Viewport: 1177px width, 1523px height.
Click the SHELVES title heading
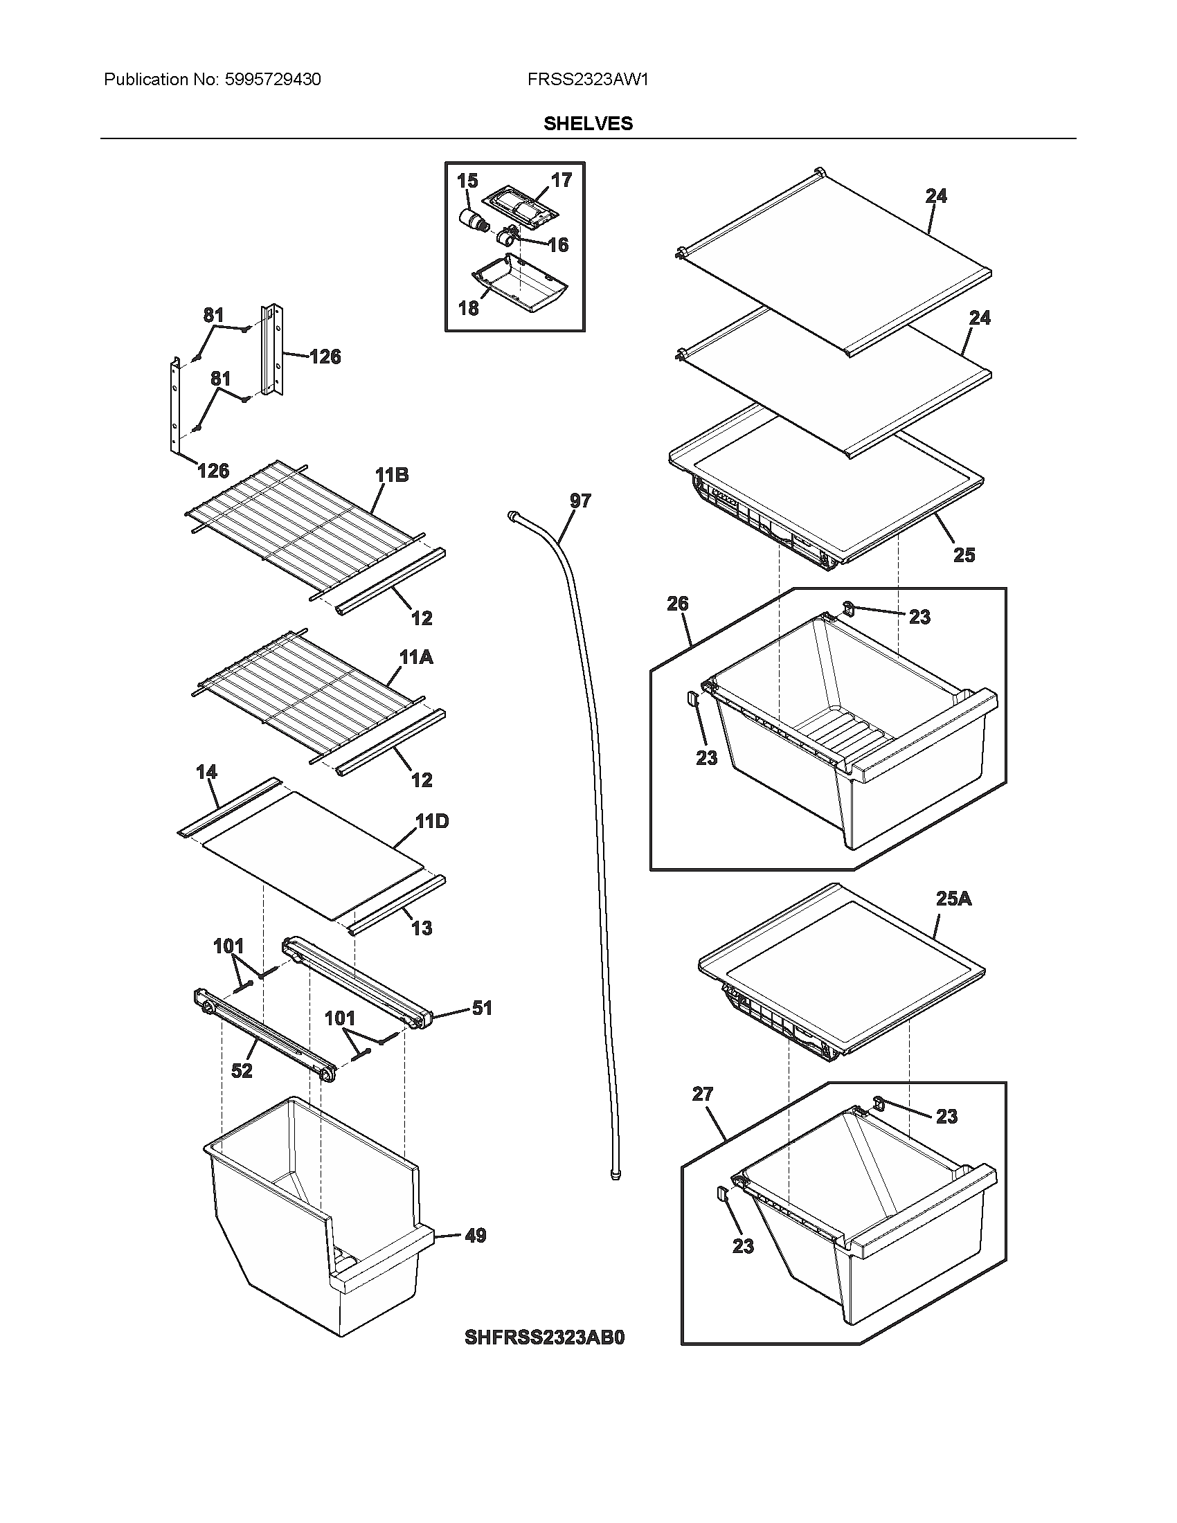pos(588,123)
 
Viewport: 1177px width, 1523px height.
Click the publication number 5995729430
pos(273,80)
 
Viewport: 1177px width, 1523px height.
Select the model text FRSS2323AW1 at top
pos(588,80)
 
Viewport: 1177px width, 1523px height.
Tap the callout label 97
pos(580,501)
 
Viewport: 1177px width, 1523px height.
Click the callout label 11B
pos(391,475)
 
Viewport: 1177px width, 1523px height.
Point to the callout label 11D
pos(432,822)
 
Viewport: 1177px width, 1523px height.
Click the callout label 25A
pos(953,899)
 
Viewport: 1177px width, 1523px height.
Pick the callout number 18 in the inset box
pos(469,307)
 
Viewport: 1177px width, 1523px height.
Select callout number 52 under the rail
pos(241,1070)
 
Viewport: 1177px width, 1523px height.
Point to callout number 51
pos(482,1008)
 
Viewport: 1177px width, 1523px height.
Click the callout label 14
pos(206,772)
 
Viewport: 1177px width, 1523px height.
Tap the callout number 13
pos(422,928)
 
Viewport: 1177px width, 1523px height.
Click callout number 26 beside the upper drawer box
pos(677,603)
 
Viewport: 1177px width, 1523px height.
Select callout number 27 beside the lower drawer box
pos(702,1094)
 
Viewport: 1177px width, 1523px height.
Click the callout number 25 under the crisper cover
pos(964,555)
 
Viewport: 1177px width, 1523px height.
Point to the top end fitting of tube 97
pos(513,515)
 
